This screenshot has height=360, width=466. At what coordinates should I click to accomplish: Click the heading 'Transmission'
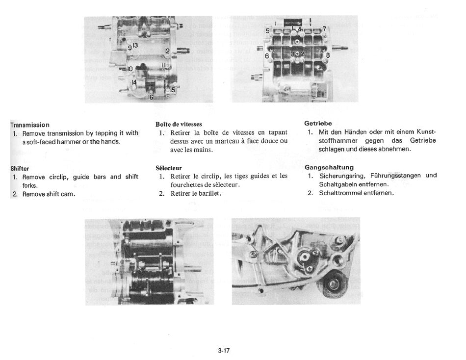tap(30, 125)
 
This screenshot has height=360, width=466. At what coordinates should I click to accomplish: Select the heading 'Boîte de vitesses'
tap(179, 124)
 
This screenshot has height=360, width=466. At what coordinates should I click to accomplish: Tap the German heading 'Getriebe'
tap(318, 123)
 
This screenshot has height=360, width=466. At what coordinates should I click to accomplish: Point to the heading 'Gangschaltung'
tap(329, 167)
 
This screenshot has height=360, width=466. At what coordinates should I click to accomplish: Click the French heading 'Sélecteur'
tap(168, 168)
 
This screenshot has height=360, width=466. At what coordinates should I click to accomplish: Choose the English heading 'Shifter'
tap(20, 169)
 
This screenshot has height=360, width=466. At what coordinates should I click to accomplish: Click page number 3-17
tap(224, 350)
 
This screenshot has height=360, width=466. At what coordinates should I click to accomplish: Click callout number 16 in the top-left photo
tap(151, 98)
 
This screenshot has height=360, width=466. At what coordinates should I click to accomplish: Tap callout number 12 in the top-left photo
tap(167, 51)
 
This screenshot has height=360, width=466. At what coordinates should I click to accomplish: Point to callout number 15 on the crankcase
tap(172, 90)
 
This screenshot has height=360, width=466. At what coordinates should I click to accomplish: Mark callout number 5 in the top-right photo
tap(267, 31)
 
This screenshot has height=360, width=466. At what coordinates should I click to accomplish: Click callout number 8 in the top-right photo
tap(328, 55)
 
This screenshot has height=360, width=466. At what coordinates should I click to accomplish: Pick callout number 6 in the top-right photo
tap(267, 56)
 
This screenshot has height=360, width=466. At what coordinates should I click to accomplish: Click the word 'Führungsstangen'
tap(393, 176)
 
